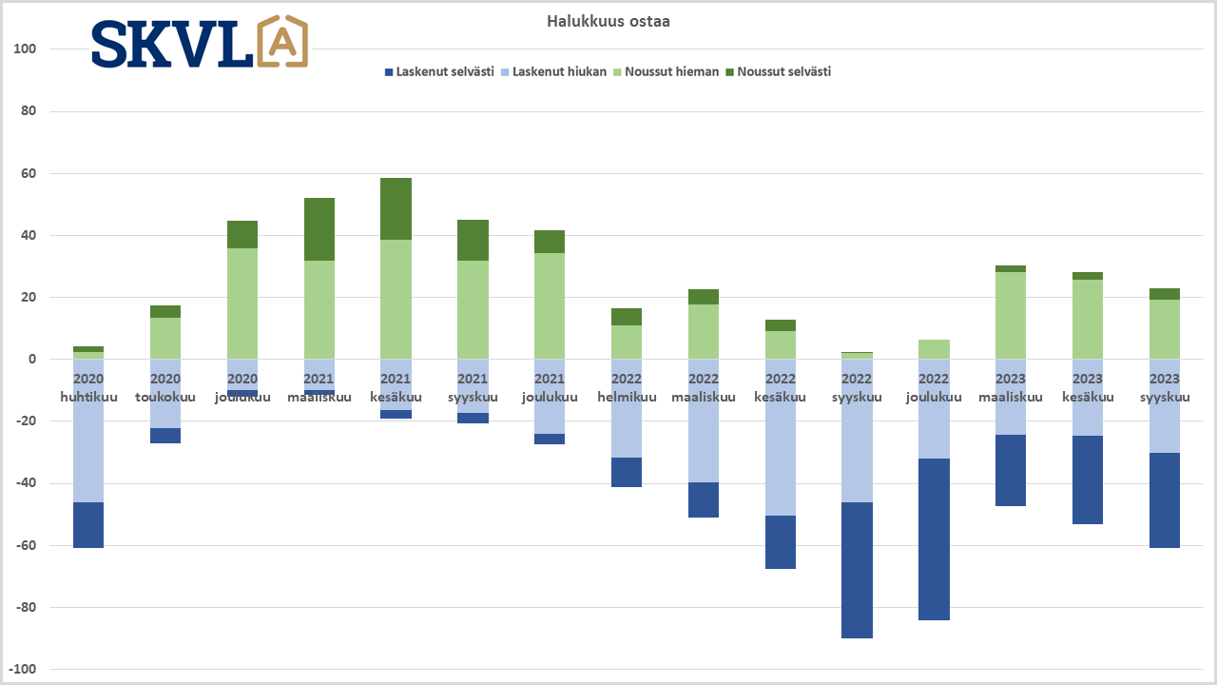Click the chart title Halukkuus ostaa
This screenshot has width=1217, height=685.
point(608,21)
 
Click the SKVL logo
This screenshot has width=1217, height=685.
point(200,43)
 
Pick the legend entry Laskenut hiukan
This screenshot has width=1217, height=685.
point(559,71)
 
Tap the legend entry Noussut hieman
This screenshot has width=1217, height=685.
point(671,71)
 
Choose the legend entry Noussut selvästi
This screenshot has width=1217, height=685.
point(783,71)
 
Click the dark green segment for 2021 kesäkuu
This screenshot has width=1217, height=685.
point(396,208)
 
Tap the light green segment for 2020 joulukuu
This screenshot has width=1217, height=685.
point(242,303)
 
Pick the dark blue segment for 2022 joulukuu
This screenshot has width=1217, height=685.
point(934,539)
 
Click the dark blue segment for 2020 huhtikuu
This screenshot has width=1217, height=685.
point(88,525)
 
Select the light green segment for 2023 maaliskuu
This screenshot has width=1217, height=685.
point(1010,315)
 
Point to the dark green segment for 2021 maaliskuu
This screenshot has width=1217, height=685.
point(319,229)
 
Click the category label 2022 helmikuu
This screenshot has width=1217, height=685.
point(627,388)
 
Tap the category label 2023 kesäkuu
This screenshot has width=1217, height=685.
point(1088,388)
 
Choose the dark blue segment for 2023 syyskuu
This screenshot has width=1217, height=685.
point(1164,500)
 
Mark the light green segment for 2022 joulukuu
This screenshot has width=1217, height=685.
point(934,349)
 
